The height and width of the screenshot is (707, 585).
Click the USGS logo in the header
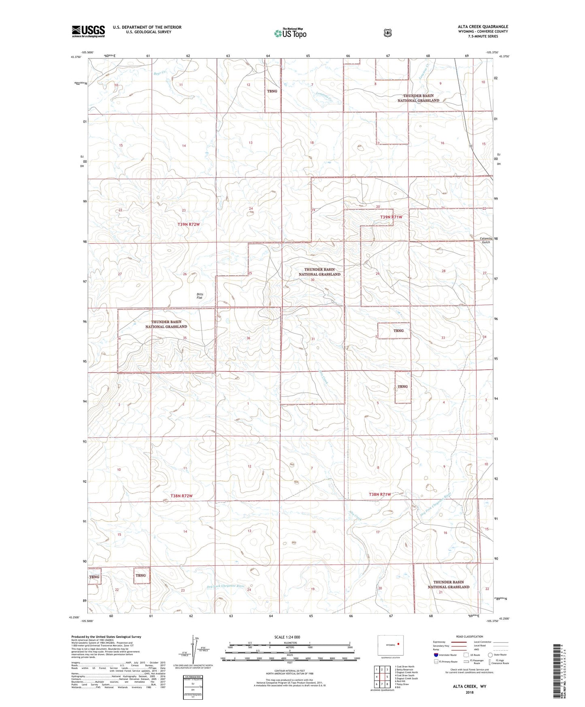[88, 31]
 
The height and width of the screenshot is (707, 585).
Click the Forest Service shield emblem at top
[387, 33]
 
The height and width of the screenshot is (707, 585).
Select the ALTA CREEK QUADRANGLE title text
[483, 27]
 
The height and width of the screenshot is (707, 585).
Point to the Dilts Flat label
[199, 296]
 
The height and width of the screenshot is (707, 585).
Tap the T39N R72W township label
[189, 224]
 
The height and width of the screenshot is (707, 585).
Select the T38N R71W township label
[380, 494]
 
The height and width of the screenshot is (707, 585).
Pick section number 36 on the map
[248, 338]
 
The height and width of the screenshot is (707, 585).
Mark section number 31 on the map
[313, 339]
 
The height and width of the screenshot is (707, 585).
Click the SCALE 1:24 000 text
[287, 637]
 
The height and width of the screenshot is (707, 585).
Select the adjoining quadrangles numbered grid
[381, 677]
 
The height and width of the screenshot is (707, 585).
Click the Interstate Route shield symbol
[435, 655]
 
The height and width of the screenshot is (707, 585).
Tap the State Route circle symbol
[490, 655]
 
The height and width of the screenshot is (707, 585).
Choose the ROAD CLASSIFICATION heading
[469, 637]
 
